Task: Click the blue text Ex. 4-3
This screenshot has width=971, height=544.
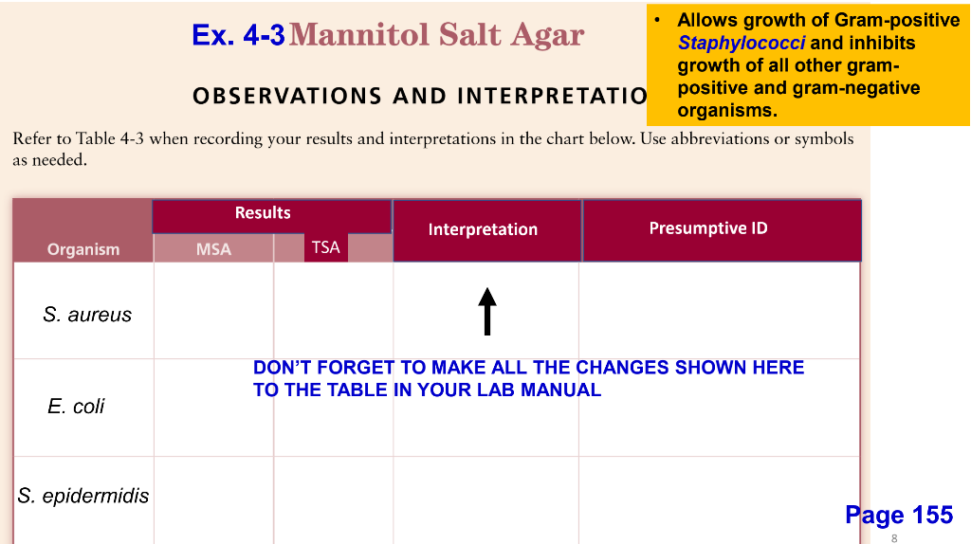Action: (238, 36)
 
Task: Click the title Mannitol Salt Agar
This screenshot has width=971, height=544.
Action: (437, 35)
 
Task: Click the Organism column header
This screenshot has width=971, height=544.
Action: (83, 249)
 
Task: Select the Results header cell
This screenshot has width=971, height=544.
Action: (263, 213)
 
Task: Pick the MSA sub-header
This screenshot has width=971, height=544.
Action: (213, 249)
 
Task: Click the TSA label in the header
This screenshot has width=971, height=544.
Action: (325, 247)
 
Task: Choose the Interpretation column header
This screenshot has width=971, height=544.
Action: (483, 229)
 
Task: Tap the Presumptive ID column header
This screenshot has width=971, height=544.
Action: (708, 227)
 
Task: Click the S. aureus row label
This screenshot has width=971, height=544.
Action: (87, 315)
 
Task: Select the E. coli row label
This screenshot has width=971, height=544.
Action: (76, 407)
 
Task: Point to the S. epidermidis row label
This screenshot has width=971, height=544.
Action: (83, 496)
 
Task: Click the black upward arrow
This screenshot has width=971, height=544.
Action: (487, 311)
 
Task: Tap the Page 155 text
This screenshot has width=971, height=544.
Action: (899, 515)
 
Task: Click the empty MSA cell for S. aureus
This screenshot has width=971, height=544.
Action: (213, 311)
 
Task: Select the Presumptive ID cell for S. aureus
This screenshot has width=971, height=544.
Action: (719, 311)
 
